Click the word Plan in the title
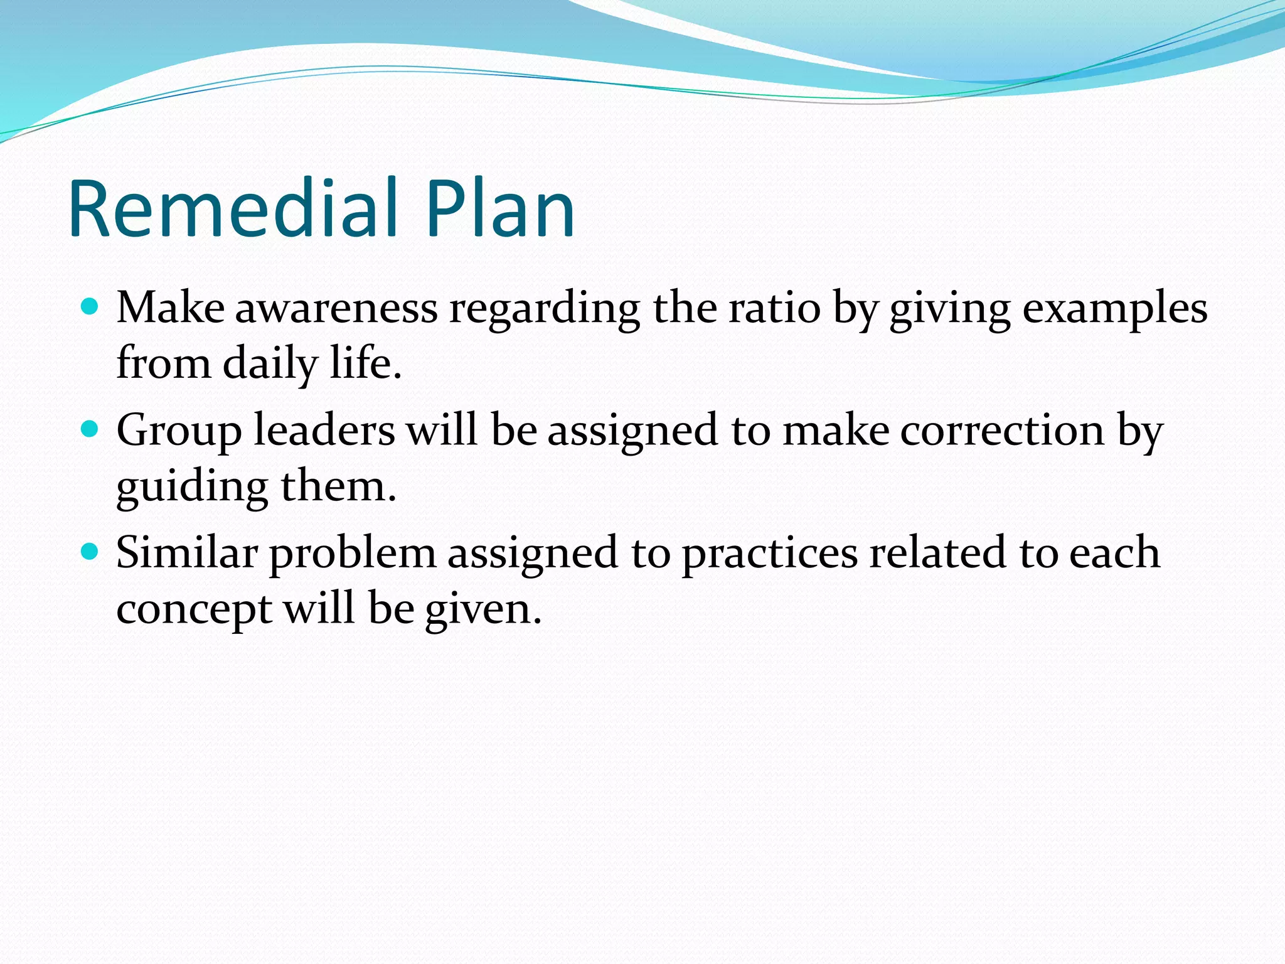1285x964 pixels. tap(499, 208)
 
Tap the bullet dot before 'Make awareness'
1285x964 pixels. tap(91, 307)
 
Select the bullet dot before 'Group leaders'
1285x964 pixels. tap(91, 429)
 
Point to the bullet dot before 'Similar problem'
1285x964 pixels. tap(91, 552)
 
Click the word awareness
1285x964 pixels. tap(336, 309)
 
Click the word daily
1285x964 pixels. tap(270, 365)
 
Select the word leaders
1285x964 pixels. tap(324, 431)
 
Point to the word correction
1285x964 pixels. tap(1002, 431)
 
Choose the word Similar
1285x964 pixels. tap(187, 553)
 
